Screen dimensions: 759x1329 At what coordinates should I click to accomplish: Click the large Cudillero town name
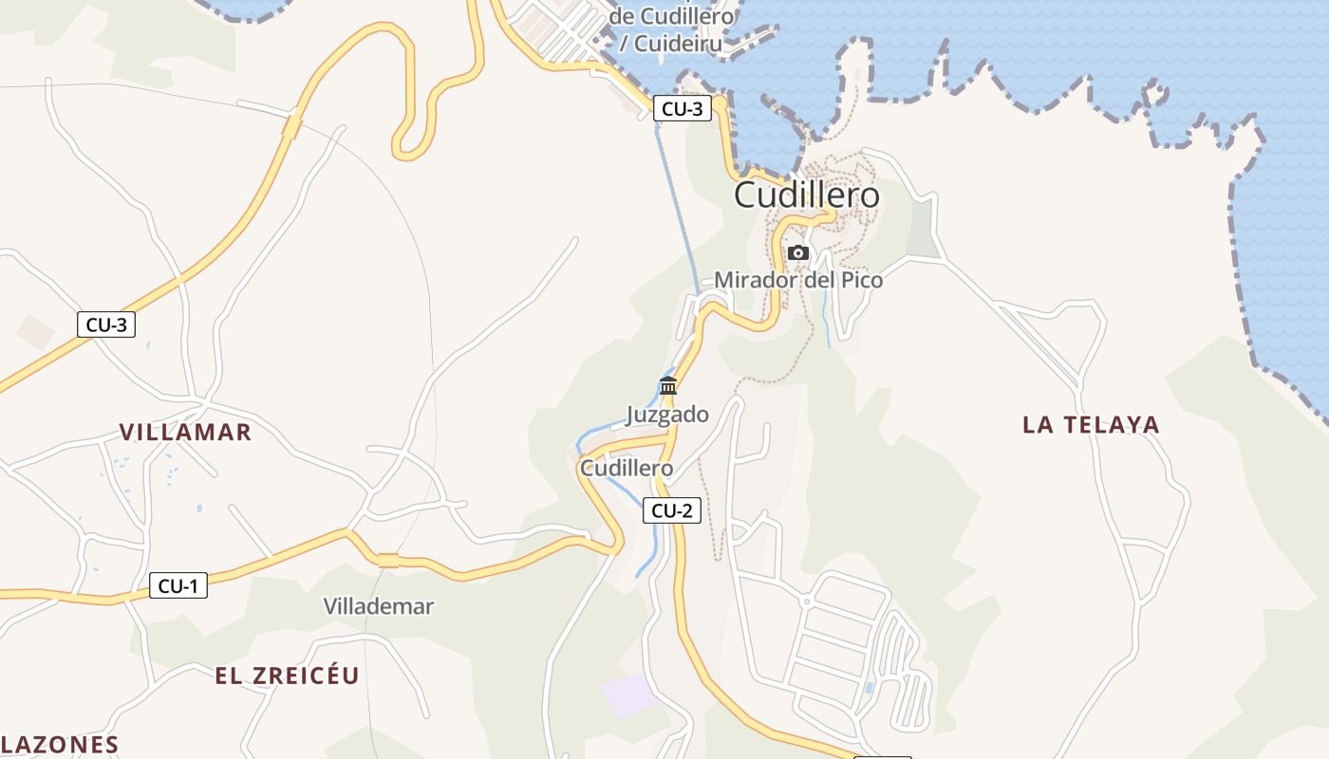[x=807, y=195]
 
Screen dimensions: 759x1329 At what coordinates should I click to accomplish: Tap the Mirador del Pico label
[x=798, y=280]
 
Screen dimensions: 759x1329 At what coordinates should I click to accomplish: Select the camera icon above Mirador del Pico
[x=798, y=252]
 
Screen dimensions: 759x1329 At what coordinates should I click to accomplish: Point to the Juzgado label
[x=667, y=415]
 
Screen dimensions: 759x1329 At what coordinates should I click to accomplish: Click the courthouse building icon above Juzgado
[x=668, y=385]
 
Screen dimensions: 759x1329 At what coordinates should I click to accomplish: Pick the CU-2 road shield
[x=672, y=510]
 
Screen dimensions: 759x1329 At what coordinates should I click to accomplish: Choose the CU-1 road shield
[x=178, y=586]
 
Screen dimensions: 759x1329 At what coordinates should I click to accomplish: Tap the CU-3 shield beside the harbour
[x=682, y=108]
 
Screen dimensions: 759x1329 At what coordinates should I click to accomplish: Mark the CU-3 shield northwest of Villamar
[x=106, y=324]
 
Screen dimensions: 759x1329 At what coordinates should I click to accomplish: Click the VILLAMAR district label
[x=185, y=433]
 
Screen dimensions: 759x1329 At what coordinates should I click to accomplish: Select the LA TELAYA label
[x=1092, y=425]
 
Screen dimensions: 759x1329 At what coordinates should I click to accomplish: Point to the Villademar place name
[x=378, y=606]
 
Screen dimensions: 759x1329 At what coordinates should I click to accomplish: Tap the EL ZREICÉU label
[x=287, y=676]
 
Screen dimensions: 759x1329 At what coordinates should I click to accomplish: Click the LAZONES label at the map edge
[x=59, y=745]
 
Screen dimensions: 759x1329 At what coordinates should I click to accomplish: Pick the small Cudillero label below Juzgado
[x=627, y=468]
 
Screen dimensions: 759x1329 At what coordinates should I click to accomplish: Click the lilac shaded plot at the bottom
[x=627, y=695]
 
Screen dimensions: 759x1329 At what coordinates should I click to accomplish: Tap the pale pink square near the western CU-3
[x=36, y=331]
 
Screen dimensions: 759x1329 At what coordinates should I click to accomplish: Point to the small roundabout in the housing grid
[x=806, y=602]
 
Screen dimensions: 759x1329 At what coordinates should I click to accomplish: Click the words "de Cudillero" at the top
[x=672, y=16]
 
